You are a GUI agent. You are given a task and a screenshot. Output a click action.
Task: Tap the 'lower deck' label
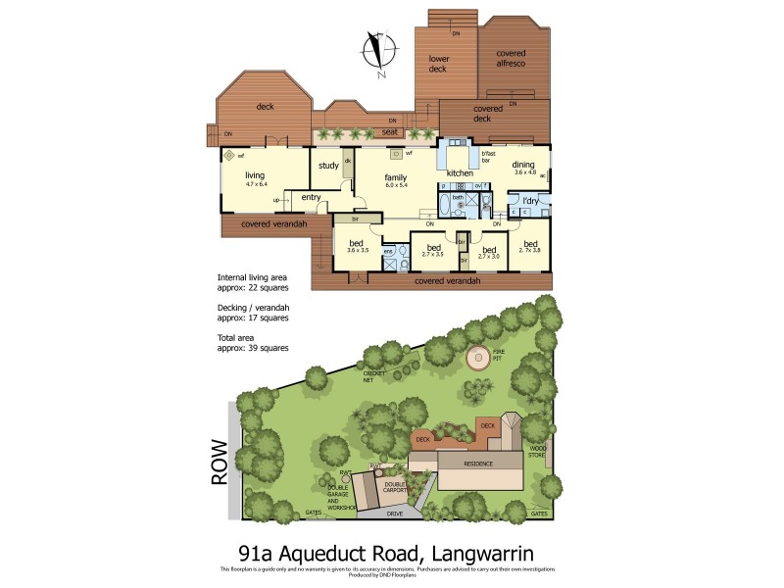(x=439, y=65)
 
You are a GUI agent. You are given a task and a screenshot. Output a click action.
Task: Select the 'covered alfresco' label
(x=511, y=58)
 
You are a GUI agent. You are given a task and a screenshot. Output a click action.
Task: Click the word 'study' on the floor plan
(x=328, y=166)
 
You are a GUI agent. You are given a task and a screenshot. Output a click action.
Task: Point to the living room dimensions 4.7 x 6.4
(x=256, y=184)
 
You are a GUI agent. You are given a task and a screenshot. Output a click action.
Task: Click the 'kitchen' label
(x=460, y=173)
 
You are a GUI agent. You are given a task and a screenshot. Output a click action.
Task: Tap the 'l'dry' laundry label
(x=530, y=201)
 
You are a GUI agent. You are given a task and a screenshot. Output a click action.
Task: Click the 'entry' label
(x=312, y=197)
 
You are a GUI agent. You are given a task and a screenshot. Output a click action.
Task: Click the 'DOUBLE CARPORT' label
(x=396, y=486)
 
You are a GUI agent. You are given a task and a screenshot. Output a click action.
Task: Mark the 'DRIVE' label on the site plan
(x=394, y=514)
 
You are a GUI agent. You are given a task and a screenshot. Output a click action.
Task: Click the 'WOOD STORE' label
(x=535, y=452)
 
